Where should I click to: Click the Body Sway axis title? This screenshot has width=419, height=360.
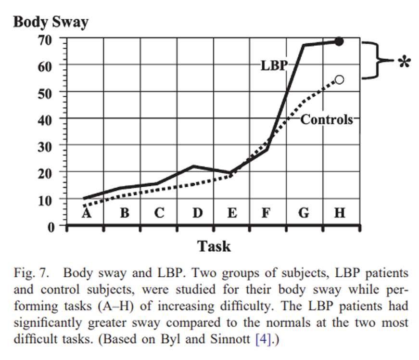point(51,22)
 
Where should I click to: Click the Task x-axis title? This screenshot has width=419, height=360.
point(214,246)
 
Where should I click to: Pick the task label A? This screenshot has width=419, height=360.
point(87,212)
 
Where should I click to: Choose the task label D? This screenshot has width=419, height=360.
point(197,212)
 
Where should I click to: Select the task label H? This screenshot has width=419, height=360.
point(340,212)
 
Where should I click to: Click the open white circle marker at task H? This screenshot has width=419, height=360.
point(339,79)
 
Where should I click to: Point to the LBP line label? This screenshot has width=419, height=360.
point(273,66)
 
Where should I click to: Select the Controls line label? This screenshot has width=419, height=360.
point(327,120)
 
